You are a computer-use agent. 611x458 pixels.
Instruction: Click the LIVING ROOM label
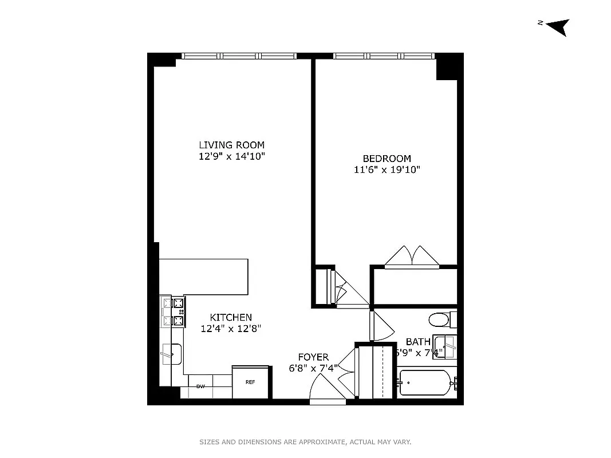point(231,145)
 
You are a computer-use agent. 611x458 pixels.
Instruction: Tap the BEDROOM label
point(387,159)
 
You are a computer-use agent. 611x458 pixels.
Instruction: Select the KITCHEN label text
point(231,317)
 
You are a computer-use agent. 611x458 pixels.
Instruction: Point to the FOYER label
point(313,357)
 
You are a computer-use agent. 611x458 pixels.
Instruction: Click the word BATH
point(418,342)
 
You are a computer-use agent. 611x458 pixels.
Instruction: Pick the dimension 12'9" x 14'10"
point(231,156)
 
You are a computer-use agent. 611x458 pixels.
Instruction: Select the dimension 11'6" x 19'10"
point(387,169)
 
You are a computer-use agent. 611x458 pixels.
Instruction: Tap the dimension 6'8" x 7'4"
point(313,369)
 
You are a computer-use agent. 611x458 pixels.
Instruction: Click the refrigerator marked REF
point(250,382)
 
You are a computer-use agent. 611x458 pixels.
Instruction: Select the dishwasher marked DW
point(200,386)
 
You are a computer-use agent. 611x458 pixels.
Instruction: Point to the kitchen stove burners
point(174,313)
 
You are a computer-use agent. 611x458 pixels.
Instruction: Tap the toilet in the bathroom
point(442,319)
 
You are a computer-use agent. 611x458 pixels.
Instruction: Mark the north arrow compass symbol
point(557,26)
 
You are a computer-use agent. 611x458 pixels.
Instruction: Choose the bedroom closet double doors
point(411,257)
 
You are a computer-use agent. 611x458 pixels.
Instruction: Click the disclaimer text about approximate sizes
point(305,442)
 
